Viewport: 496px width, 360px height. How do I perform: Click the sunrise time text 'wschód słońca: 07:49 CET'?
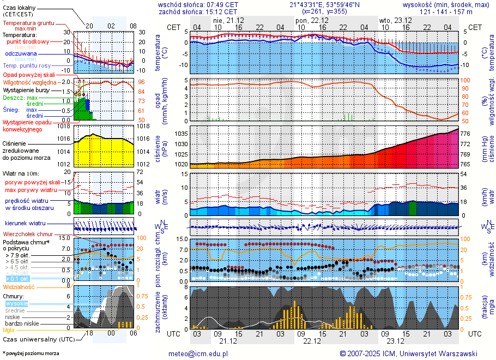pos(198,4)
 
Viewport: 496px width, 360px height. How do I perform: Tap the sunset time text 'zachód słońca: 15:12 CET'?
pos(198,11)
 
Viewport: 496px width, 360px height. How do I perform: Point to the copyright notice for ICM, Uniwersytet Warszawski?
pos(408,353)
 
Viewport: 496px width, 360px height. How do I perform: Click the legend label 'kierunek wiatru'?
pos(25,224)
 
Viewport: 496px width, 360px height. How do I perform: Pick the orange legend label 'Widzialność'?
pos(19,286)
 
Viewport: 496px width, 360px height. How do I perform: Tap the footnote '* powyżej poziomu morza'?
pos(30,353)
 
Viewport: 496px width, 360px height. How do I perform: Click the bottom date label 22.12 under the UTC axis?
pos(312,341)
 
